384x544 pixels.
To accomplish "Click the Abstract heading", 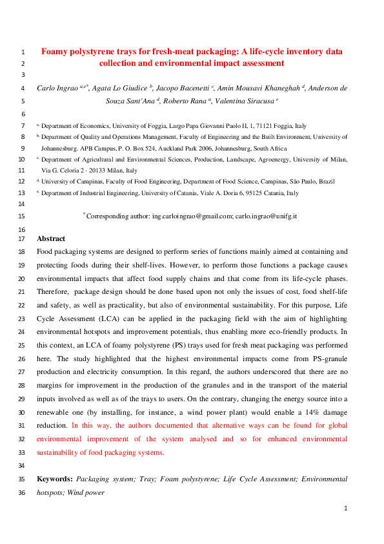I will [52, 238].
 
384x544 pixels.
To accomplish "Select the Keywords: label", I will [54, 479].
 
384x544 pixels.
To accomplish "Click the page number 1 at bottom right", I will [346, 508].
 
